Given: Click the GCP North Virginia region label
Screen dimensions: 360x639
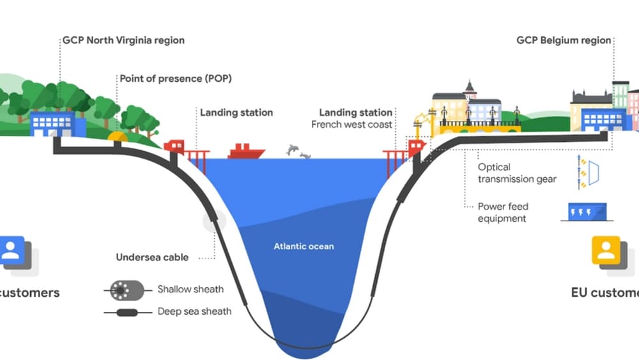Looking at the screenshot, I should coord(123,40).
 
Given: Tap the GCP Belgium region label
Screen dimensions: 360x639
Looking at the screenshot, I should coord(564,40).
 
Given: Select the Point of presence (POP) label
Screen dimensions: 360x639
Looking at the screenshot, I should coord(176,79).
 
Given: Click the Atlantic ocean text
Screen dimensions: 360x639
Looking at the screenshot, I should coord(304,246).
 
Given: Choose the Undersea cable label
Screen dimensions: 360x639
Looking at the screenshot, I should coord(152,258).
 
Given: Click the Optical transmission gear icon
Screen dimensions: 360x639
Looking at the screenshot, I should coord(587,173).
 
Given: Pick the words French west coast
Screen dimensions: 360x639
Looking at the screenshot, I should coord(351,125).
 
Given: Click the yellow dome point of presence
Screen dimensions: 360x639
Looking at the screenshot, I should coord(118,136).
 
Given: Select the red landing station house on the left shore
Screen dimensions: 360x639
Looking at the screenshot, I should coord(174,146).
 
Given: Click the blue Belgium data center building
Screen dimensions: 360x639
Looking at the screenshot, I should coord(603,120).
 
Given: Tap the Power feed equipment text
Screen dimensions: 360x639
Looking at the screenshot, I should coord(503,212).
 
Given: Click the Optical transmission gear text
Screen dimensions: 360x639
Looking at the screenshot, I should coord(516,173).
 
